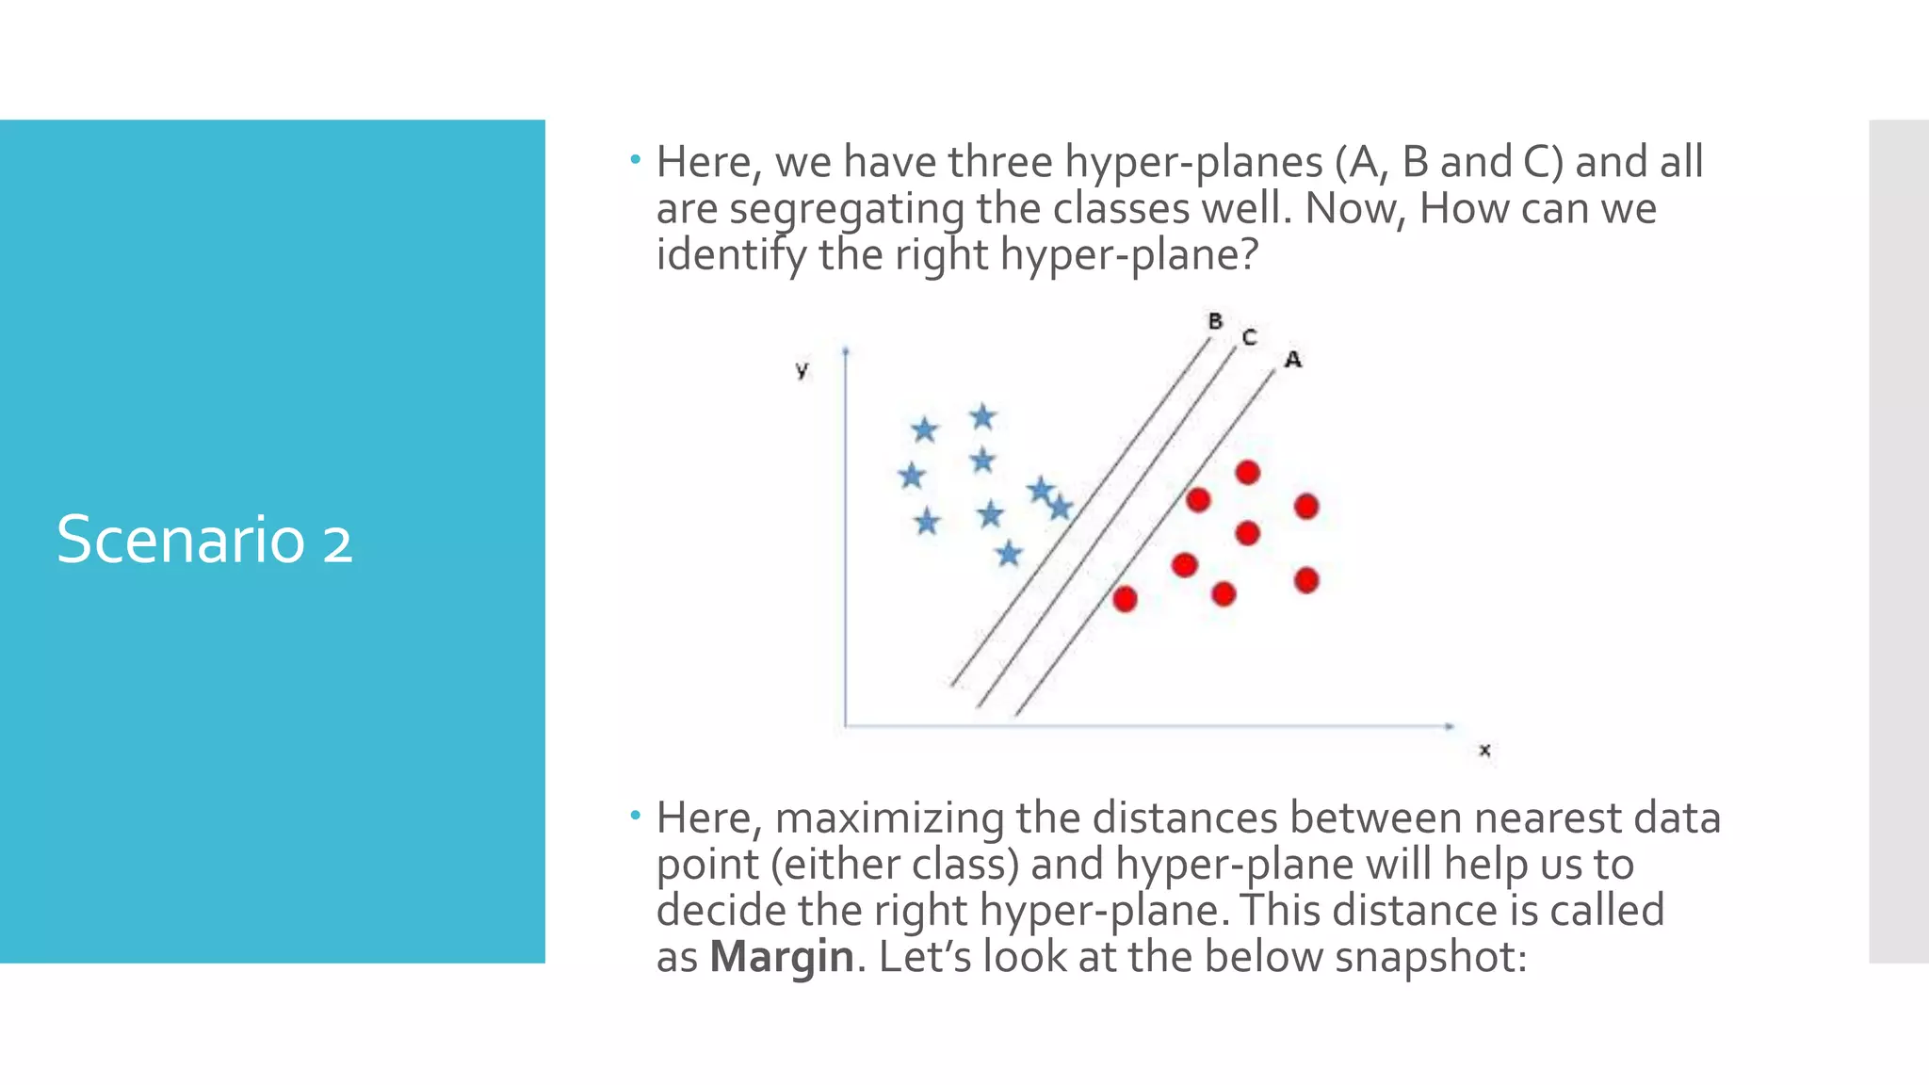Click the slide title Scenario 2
tap(204, 541)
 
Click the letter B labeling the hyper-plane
tap(1215, 322)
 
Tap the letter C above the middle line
tap(1249, 337)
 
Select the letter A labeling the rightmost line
tap(1293, 360)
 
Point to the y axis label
tap(802, 370)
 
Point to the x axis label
tap(1484, 751)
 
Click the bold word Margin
tap(782, 957)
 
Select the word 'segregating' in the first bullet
tap(847, 209)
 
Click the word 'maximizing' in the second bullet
tap(889, 818)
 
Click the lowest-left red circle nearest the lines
tap(1125, 599)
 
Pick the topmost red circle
tap(1247, 472)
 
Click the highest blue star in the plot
tap(982, 416)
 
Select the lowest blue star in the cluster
tap(1009, 554)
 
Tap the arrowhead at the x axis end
tap(1451, 726)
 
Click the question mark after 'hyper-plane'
tap(1249, 254)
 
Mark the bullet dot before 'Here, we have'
tap(636, 160)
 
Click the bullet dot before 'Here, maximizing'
tap(636, 815)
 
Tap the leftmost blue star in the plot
tap(911, 476)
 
